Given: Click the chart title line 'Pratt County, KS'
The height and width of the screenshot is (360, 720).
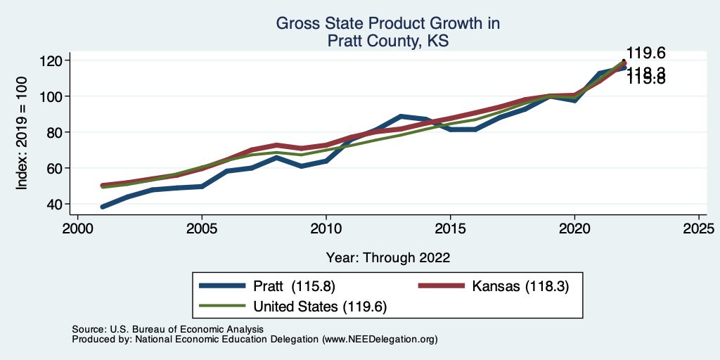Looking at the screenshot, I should (x=387, y=41).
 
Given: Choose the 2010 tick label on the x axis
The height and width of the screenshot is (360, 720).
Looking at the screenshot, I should (x=326, y=229).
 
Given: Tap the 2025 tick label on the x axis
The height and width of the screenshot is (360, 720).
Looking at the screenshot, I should (x=698, y=229).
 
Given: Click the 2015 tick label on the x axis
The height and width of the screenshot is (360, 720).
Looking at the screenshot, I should (x=450, y=229).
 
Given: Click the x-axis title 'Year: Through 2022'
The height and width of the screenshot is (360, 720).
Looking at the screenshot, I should (x=387, y=257).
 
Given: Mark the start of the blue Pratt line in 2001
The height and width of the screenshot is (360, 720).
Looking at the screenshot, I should (x=103, y=207).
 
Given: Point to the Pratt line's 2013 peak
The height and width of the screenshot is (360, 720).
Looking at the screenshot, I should (x=400, y=117).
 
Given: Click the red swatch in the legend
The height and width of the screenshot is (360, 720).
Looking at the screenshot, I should (x=442, y=286).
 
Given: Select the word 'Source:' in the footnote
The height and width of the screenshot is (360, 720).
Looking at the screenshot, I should (x=88, y=329).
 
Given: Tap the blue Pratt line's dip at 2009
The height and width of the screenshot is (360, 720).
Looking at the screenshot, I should (x=301, y=166).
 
